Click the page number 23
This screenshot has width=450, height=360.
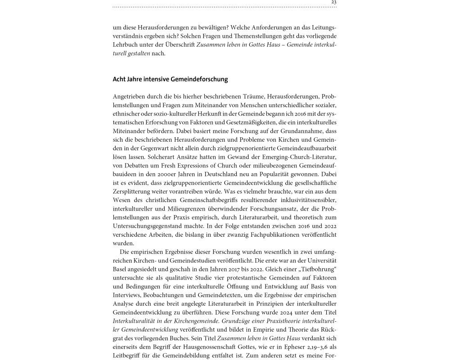point(333,2)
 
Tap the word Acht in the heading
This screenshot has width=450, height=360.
point(119,79)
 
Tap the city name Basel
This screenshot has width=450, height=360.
point(120,269)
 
